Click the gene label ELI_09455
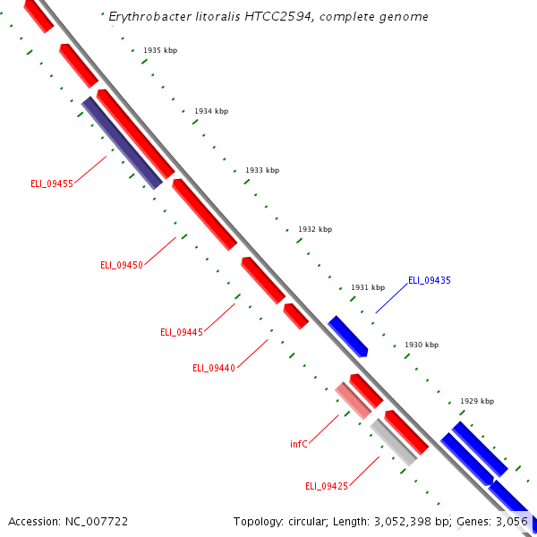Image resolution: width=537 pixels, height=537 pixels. point(51,183)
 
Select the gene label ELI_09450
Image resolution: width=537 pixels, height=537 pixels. point(122,265)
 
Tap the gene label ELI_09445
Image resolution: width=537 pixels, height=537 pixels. point(182,332)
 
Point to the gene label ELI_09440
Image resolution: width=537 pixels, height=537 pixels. point(214,368)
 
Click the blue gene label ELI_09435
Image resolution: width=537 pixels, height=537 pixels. point(430,280)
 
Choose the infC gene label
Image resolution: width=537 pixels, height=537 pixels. point(299,444)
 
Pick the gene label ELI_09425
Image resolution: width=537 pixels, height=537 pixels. point(327,486)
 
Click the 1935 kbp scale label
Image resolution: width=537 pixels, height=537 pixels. point(160,50)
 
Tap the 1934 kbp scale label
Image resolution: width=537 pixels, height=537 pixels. point(211,111)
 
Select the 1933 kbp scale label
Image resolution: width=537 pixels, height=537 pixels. point(262,170)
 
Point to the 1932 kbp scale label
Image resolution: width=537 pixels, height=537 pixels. point(315,229)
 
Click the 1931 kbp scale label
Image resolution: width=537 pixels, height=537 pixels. point(368,287)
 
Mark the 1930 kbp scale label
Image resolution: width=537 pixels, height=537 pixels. point(422,345)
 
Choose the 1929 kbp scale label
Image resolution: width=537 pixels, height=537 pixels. point(477,401)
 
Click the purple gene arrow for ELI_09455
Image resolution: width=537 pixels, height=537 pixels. point(122,143)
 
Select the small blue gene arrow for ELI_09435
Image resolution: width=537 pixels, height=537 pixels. point(347,336)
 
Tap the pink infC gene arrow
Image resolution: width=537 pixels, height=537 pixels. point(353,400)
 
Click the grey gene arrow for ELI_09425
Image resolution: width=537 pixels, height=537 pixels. point(394,442)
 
